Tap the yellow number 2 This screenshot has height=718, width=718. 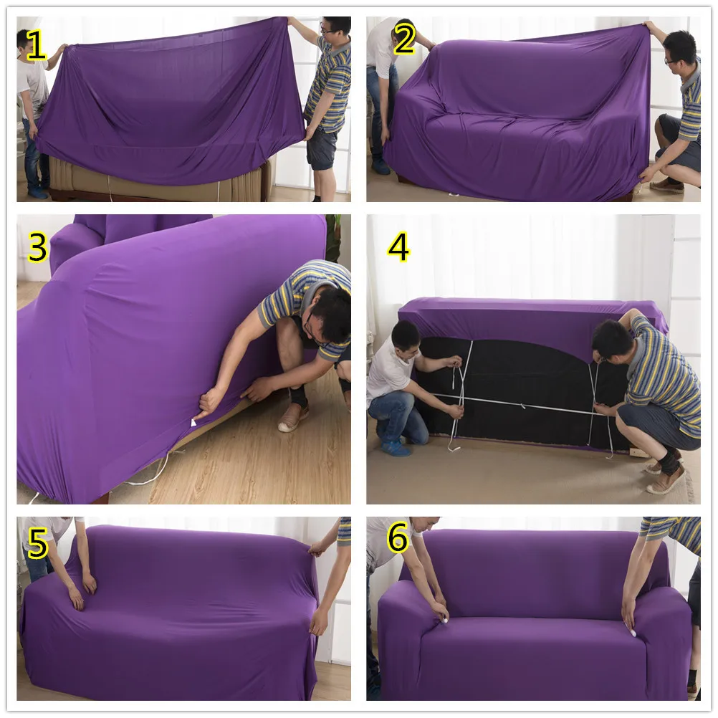pos(404,40)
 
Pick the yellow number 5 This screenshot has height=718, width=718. pos(37,544)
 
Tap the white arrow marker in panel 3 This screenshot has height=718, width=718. pos(193,423)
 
